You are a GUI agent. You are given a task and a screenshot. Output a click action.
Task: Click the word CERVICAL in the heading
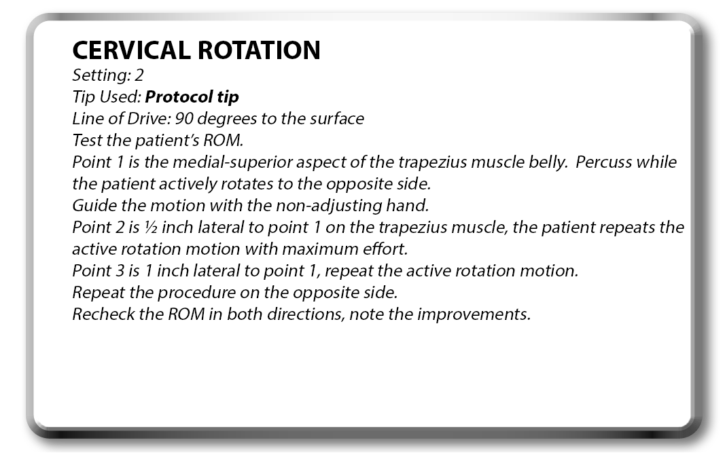(x=131, y=50)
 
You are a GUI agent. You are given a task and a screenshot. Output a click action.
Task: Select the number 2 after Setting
(x=139, y=75)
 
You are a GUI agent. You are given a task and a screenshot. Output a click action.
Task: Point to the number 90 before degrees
(x=184, y=119)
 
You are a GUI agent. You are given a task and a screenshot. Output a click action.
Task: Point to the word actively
(x=188, y=184)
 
